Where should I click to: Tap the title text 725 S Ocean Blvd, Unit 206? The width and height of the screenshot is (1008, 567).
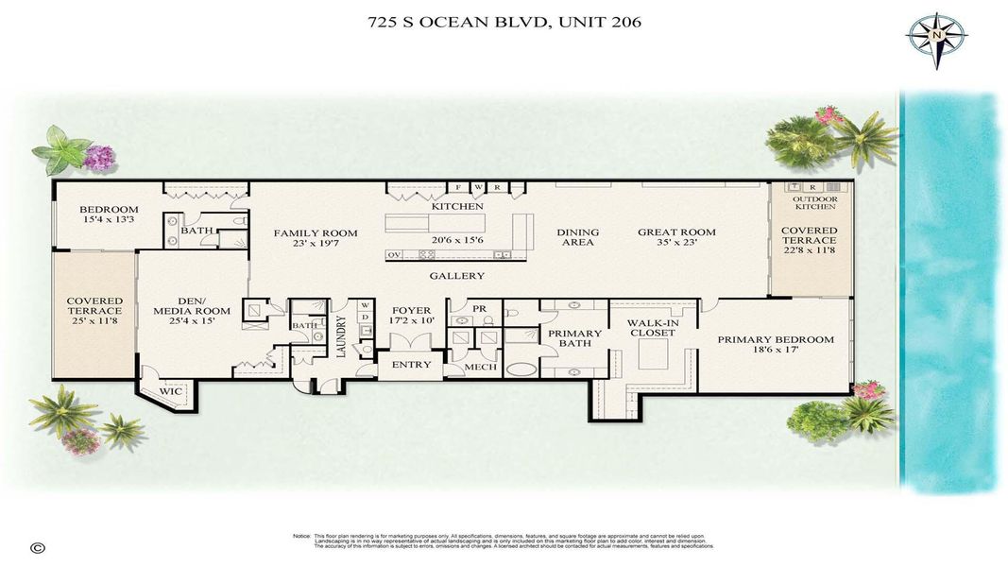[504, 22]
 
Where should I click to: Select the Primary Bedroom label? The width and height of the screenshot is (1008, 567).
[775, 340]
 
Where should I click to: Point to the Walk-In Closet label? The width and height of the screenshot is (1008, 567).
[653, 327]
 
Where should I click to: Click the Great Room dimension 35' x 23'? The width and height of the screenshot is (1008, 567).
[675, 244]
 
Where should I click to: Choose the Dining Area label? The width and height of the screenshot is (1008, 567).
[576, 237]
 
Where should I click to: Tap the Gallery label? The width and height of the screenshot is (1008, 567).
[456, 276]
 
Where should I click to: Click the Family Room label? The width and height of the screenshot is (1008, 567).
[316, 232]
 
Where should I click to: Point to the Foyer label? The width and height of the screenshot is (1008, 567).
[411, 310]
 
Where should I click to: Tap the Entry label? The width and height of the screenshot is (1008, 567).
[411, 364]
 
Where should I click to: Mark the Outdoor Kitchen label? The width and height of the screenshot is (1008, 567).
[813, 203]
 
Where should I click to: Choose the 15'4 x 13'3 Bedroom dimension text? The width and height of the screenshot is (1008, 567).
[108, 220]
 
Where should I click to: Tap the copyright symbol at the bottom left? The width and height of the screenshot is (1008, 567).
[38, 547]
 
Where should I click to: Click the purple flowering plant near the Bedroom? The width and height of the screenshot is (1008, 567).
[98, 157]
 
